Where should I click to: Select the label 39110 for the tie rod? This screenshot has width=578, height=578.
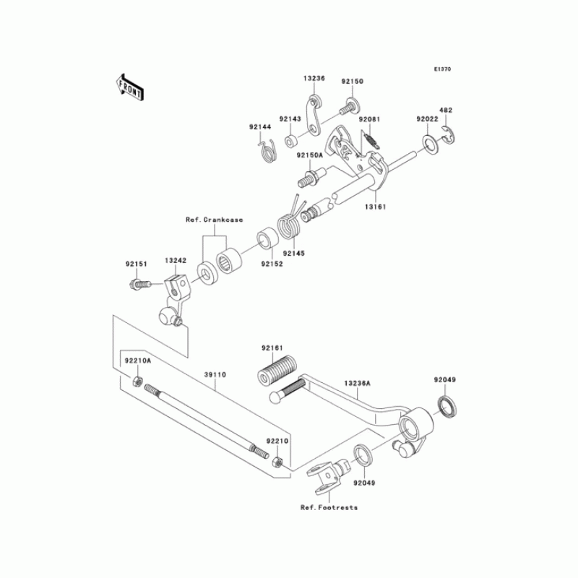click(x=215, y=375)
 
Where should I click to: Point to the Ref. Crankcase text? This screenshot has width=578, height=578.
click(x=214, y=219)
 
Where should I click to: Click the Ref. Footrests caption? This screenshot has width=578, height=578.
click(x=329, y=507)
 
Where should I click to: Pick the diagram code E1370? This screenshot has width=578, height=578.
click(x=442, y=69)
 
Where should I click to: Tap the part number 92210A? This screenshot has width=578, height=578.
click(x=137, y=361)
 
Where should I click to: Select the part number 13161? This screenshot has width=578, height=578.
click(x=375, y=207)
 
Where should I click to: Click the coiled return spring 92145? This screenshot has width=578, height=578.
click(x=290, y=223)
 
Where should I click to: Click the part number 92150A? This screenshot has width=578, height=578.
click(x=309, y=155)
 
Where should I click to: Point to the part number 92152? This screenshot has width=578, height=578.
click(x=272, y=264)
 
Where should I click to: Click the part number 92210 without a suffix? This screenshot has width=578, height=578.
click(x=277, y=439)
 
